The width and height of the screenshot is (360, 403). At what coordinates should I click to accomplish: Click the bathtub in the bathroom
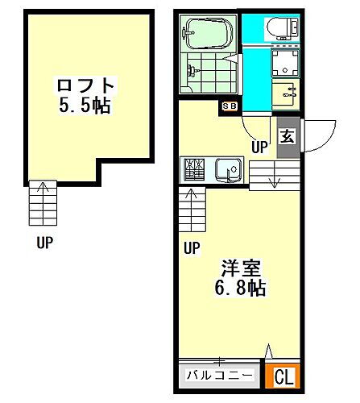208,35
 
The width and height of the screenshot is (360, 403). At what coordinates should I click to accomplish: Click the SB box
229,105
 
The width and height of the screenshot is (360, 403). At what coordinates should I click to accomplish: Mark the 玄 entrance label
288,136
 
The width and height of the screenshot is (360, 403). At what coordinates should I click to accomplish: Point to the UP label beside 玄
259,147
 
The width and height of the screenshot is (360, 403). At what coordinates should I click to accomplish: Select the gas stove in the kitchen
195,169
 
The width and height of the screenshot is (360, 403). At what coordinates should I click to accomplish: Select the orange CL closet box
283,376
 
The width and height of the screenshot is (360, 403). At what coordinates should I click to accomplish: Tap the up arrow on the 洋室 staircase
191,193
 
